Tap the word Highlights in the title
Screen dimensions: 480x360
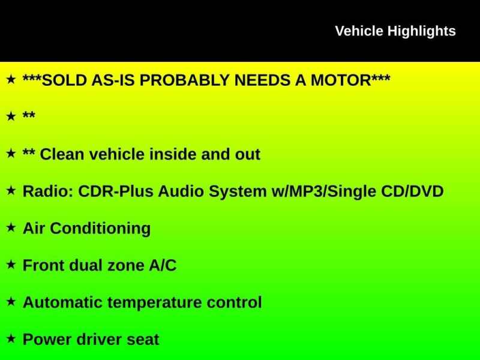pos(422,32)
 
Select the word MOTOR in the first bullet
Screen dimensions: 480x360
pos(341,80)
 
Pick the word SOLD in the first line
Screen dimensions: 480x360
pos(64,80)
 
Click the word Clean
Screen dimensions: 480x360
pos(62,154)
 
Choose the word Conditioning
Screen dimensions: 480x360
pos(100,229)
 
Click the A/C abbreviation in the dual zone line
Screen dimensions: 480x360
pos(163,265)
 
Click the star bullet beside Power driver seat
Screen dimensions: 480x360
pos(11,338)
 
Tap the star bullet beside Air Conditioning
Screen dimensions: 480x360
pos(11,227)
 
